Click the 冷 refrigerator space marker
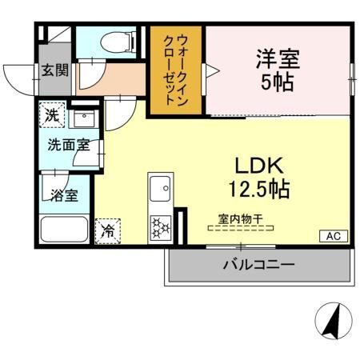[x=106, y=230]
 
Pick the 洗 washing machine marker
[x=52, y=115]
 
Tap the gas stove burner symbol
[x=159, y=227]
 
